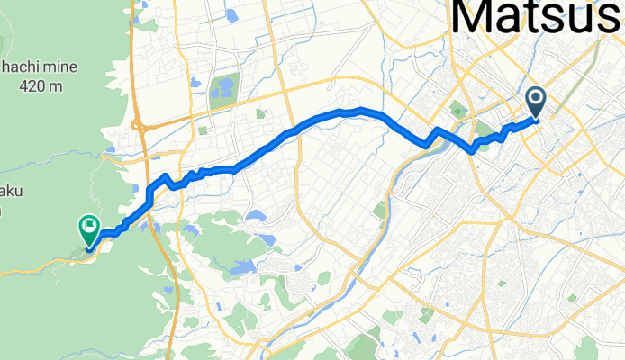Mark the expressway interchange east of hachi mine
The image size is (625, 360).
click(139, 127)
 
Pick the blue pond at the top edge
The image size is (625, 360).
click(231, 14)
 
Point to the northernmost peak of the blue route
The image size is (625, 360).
click(360, 110)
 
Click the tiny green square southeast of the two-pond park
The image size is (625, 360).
click(260, 114)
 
